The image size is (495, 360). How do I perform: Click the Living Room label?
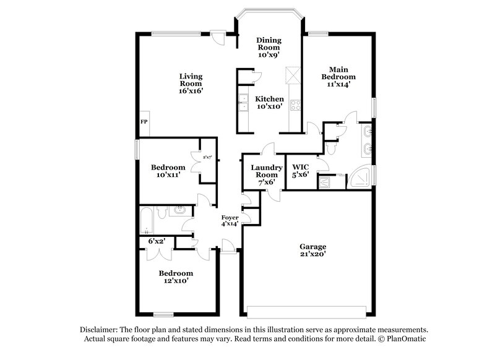pos(191,84)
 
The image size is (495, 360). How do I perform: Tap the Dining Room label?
pos(269,47)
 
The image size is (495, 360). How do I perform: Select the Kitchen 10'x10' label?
pos(270,103)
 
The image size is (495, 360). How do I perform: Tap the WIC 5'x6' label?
pos(300,171)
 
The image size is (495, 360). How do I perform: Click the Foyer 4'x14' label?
pos(230,221)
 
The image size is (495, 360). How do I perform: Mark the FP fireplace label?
pos(144,122)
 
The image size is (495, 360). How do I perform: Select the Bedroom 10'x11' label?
pos(168,171)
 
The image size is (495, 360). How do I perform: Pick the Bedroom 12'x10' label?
pos(176,277)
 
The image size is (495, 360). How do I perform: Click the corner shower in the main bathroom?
pos(364,177)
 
